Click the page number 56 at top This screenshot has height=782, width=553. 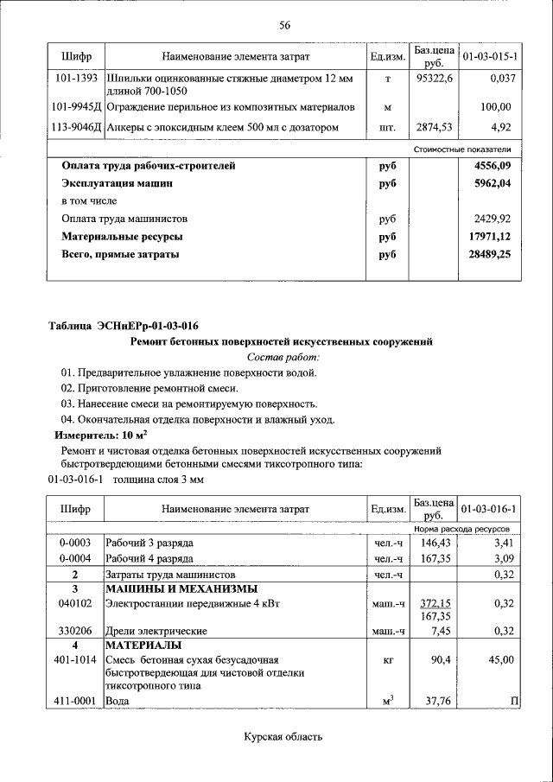pyautogui.click(x=284, y=24)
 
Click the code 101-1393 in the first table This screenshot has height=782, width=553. pyautogui.click(x=73, y=78)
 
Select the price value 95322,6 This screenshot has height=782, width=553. pyautogui.click(x=433, y=78)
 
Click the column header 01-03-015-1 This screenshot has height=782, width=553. pyautogui.click(x=489, y=57)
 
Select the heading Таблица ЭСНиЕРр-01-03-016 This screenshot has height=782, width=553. pyautogui.click(x=124, y=326)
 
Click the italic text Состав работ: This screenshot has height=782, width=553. pyautogui.click(x=283, y=357)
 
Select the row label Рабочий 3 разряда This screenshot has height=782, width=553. pyautogui.click(x=149, y=543)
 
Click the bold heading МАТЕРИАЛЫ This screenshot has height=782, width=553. pyautogui.click(x=143, y=645)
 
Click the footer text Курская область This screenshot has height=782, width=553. pyautogui.click(x=282, y=737)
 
